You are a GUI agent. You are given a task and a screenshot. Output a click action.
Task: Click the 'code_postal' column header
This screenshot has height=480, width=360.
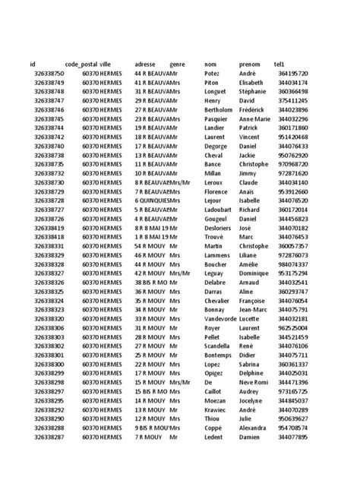click(x=81, y=64)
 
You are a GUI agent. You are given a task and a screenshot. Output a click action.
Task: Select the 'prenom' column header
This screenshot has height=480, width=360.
click(x=249, y=64)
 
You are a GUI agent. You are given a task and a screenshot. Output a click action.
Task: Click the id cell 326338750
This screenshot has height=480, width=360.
click(x=49, y=73)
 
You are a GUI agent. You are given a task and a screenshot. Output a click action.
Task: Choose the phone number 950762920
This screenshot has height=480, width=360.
click(x=293, y=155)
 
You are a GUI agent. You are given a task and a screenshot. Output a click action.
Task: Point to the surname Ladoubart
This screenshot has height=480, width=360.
click(x=219, y=210)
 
